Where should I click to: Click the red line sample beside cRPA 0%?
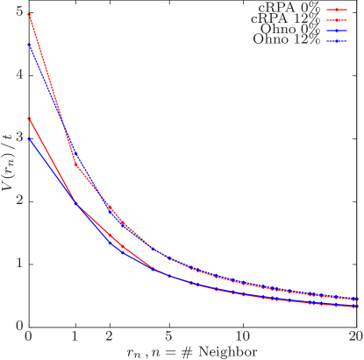pyautogui.click(x=337, y=8)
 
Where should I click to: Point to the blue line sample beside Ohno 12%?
pyautogui.click(x=337, y=40)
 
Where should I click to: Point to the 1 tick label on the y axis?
pyautogui.click(x=20, y=262)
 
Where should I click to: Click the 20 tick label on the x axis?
pyautogui.click(x=355, y=336)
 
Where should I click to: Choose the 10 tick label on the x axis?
pyautogui.click(x=243, y=336)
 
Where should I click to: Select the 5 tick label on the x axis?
pyautogui.click(x=167, y=336)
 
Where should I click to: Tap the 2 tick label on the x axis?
pyautogui.click(x=109, y=336)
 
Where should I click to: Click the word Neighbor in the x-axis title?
pyautogui.click(x=230, y=351)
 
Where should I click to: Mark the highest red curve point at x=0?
pyautogui.click(x=30, y=15)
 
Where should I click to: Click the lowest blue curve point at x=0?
pyautogui.click(x=30, y=138)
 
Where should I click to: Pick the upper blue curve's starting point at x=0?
pyautogui.click(x=30, y=45)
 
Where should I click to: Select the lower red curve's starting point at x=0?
pyautogui.click(x=30, y=118)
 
